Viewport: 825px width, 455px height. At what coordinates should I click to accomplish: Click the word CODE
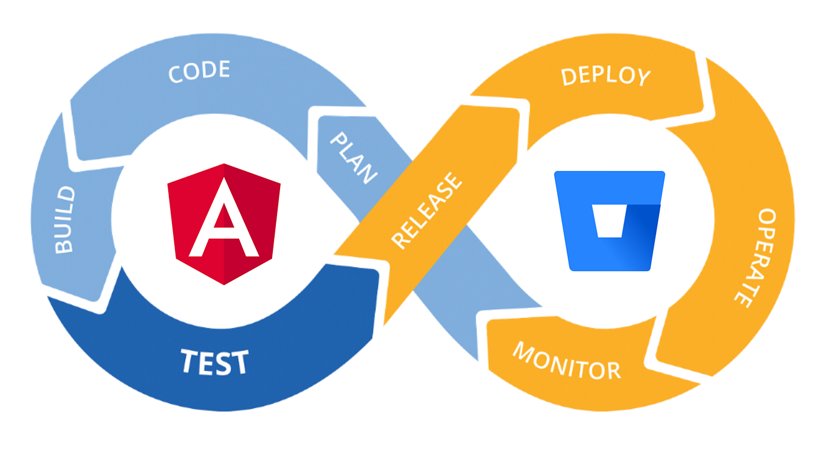point(199,71)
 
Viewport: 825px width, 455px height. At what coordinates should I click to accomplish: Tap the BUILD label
point(64,220)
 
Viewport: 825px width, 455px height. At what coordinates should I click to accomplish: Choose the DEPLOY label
point(606,76)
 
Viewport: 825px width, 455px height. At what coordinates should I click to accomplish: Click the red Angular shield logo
point(224,223)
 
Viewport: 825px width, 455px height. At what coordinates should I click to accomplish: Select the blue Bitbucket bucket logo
point(609,220)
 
